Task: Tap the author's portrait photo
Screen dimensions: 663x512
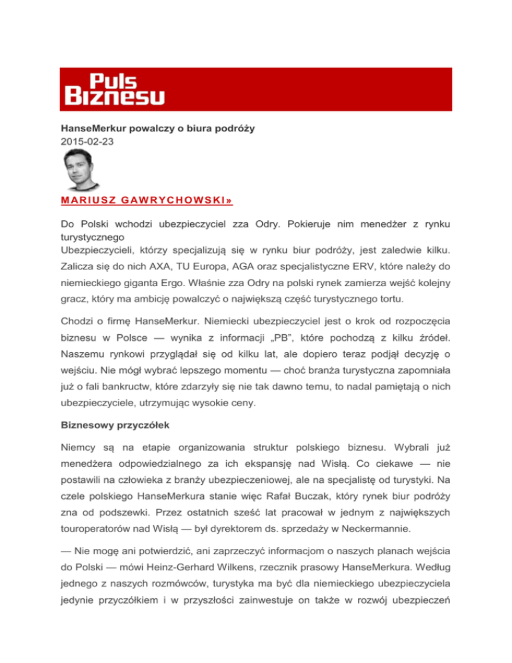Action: [82, 169]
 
